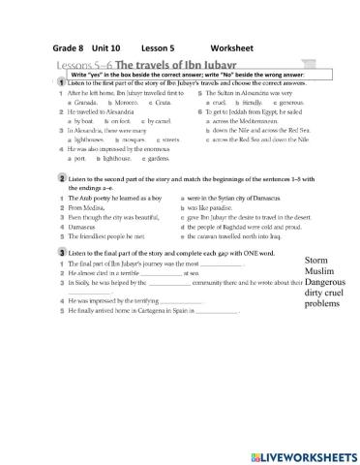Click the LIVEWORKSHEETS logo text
click(x=295, y=453)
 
